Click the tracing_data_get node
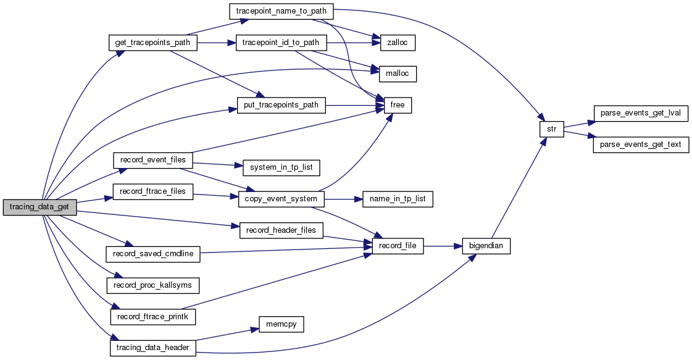(40, 207)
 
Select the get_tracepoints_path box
(153, 43)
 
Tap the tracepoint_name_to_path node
(281, 11)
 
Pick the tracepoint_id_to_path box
(281, 43)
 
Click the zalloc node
(394, 43)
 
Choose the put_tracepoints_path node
(281, 105)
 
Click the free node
(398, 105)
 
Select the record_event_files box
(153, 160)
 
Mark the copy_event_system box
(281, 199)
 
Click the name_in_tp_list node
(398, 199)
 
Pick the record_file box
(398, 246)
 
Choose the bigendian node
(486, 246)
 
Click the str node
(551, 130)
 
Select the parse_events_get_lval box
(640, 114)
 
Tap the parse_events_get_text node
(640, 145)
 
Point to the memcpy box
(281, 324)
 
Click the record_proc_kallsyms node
(153, 285)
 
